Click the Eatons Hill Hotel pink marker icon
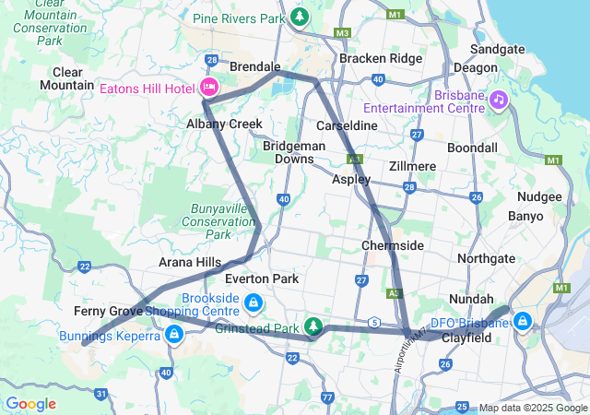[208, 88]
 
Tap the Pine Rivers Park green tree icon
[300, 17]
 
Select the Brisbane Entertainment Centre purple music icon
[498, 98]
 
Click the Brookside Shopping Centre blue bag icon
[253, 302]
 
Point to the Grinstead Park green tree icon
[314, 326]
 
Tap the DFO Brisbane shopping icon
[523, 321]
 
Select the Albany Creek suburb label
[224, 124]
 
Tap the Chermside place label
[393, 245]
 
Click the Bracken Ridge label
[381, 58]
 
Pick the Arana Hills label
[190, 262]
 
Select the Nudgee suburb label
[539, 196]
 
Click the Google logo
[30, 404]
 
